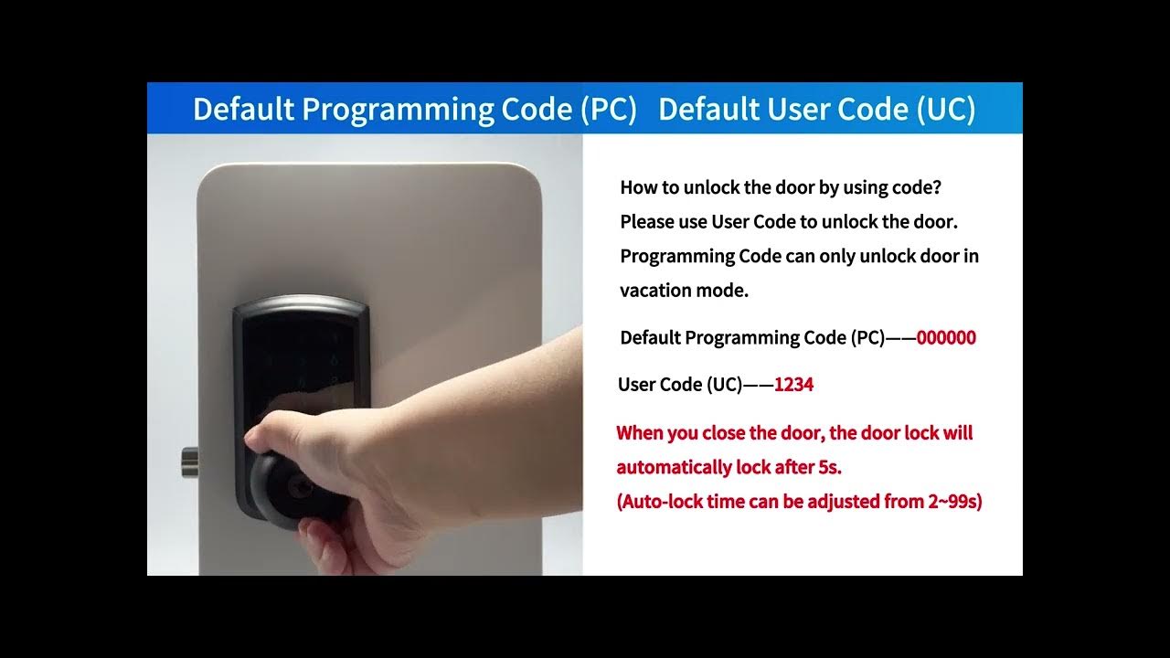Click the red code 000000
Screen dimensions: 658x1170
point(946,338)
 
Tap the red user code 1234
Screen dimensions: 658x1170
point(793,385)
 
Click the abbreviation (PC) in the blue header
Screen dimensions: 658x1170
point(609,110)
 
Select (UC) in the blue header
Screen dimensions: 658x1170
point(946,110)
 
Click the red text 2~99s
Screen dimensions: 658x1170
point(953,502)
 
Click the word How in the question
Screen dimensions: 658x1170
point(638,187)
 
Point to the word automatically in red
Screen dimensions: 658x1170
point(674,467)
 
